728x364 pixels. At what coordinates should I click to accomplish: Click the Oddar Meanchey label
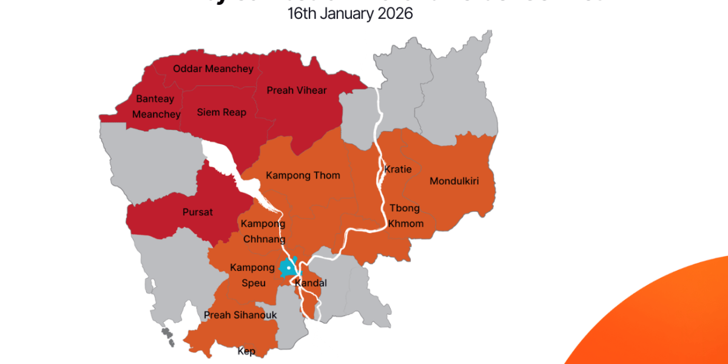(x=213, y=69)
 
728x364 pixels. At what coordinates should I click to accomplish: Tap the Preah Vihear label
(x=297, y=90)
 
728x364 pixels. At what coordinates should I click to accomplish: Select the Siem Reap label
(x=221, y=112)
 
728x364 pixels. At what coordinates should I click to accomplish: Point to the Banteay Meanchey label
(x=155, y=106)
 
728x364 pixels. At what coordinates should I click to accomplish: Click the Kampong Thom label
(x=303, y=175)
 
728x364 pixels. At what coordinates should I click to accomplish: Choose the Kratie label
(x=398, y=169)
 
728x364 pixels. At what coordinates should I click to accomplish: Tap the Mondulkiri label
(x=454, y=181)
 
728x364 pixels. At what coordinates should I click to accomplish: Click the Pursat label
(x=198, y=212)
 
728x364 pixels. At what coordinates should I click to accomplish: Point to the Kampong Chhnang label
(x=263, y=231)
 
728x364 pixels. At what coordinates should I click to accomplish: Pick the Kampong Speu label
(x=252, y=275)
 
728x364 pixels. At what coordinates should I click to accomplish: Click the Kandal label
(x=311, y=283)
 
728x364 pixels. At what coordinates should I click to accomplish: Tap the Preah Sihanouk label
(x=240, y=315)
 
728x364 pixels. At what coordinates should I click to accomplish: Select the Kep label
(x=246, y=351)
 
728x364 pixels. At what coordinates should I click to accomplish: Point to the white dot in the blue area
(x=289, y=267)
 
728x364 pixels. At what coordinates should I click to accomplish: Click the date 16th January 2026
(x=351, y=13)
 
